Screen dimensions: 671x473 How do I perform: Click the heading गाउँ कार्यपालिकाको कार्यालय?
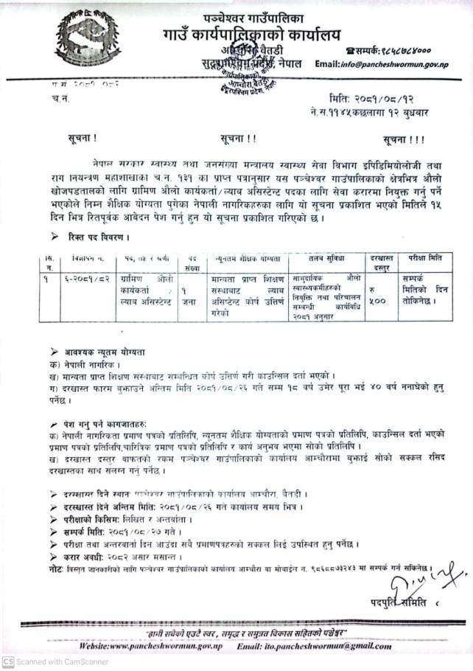tap(241, 34)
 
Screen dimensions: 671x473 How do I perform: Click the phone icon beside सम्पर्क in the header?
tap(348, 49)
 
